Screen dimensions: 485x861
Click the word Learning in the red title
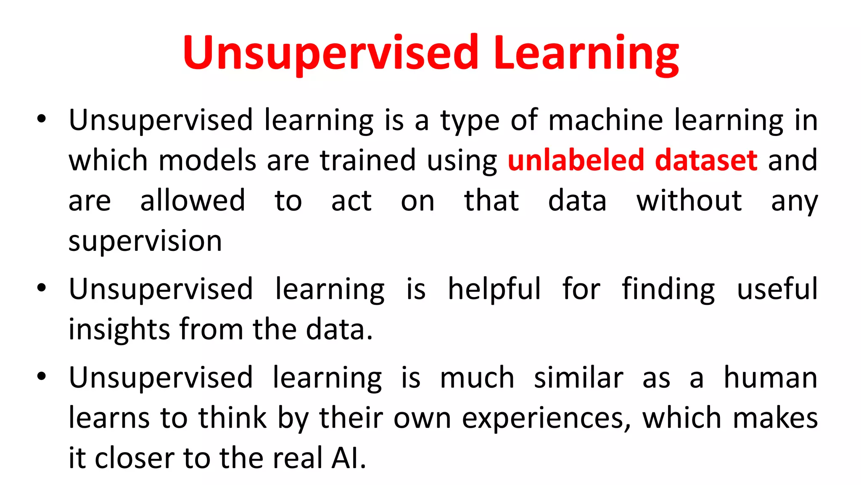[586, 54]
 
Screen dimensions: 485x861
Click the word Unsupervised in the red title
[330, 54]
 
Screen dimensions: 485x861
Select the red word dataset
[706, 160]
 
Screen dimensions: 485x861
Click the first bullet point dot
[41, 119]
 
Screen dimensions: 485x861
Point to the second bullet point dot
[41, 288]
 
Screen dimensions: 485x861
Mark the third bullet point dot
[41, 376]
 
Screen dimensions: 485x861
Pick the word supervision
[145, 242]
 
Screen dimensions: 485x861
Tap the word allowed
[193, 201]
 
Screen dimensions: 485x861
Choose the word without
[689, 201]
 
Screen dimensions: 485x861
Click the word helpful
[494, 290]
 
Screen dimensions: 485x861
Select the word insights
[119, 330]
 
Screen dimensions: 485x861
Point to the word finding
[668, 290]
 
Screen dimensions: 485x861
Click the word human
[770, 378]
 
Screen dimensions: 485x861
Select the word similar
[578, 378]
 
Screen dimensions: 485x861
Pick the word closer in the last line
[134, 458]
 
